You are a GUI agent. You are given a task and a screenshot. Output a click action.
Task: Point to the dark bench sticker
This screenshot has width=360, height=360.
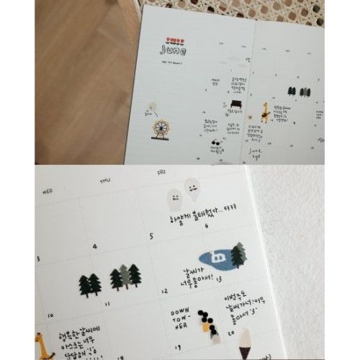pyautogui.click(x=235, y=104)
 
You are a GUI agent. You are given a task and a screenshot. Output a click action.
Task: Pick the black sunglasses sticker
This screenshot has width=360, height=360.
pyautogui.click(x=215, y=143)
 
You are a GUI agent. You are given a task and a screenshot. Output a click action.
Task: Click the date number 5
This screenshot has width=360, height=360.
pyautogui.click(x=150, y=235)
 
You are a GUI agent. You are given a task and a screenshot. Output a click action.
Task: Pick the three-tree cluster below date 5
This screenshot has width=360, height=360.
pyautogui.click(x=124, y=277)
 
